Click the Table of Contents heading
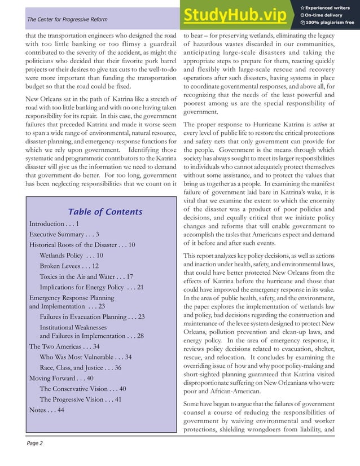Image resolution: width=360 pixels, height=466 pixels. pos(105,212)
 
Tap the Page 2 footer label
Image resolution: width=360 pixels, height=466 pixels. pos(34,443)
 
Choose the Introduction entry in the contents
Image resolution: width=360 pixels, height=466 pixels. pos(54,224)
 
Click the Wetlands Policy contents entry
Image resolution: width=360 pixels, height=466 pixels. pos(71,256)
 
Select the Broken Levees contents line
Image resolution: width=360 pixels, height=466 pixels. pos(69,266)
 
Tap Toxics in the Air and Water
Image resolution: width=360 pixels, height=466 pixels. pos(86,277)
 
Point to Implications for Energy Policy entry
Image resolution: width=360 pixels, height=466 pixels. pos(91,288)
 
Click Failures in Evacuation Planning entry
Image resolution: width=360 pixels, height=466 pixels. pos(92,317)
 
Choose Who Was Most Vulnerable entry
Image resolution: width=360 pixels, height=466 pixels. pos(85,357)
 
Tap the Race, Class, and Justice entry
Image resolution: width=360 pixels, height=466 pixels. pos(80,368)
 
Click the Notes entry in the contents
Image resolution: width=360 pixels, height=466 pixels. pos(46,410)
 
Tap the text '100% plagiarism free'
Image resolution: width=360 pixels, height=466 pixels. pos(330,23)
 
